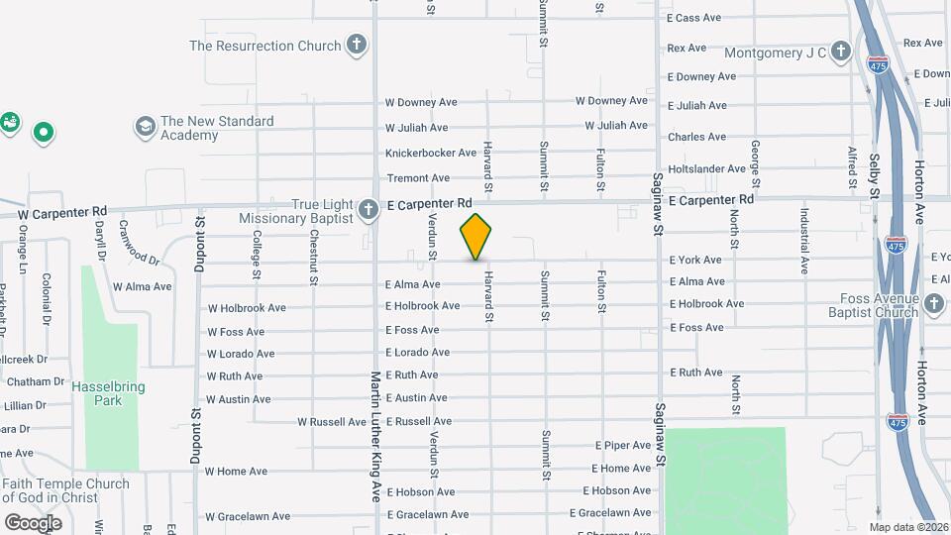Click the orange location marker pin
point(475,237)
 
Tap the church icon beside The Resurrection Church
point(357,46)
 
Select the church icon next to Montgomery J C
point(840,52)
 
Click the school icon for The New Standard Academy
point(146,126)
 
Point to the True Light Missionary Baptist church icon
point(369,208)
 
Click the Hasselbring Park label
point(102,393)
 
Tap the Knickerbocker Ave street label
point(431,153)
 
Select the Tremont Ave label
point(417,178)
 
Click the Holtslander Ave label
point(706,168)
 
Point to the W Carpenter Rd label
point(62,212)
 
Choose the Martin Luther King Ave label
point(375,436)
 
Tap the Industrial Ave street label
point(804,240)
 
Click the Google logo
point(33,522)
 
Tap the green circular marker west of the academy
point(43,131)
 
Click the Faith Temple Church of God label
point(65,490)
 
